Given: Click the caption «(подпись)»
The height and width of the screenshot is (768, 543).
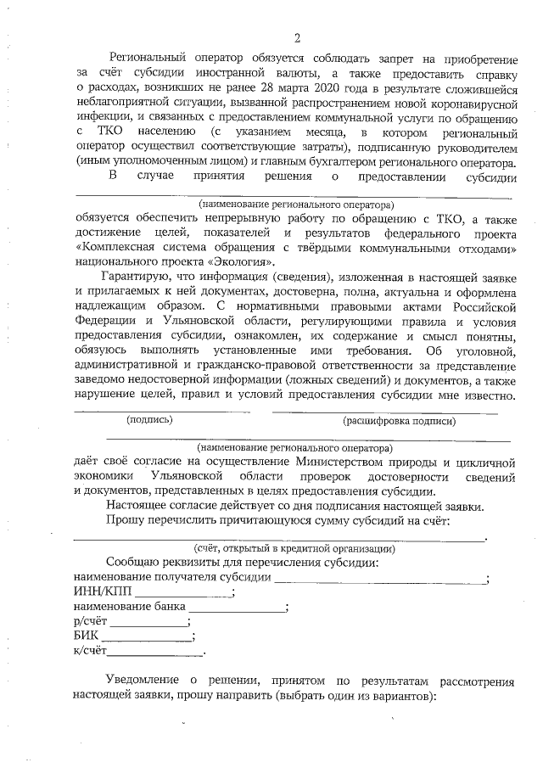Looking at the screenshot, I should pyautogui.click(x=149, y=420).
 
